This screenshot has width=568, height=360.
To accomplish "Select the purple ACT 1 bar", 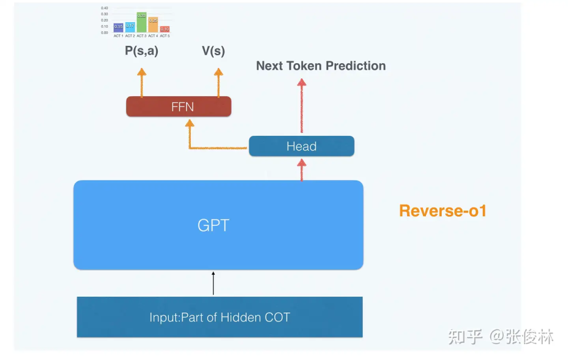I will click(x=118, y=28).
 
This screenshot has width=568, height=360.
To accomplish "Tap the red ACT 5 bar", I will click(x=165, y=29).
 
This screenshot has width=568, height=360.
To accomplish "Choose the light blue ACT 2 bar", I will click(x=130, y=27).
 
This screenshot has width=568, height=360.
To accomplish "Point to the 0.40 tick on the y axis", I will click(x=104, y=8).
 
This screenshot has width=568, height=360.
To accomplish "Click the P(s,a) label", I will click(x=141, y=52).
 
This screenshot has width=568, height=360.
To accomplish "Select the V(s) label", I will click(x=214, y=52).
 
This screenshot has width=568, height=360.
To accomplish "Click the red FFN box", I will click(x=179, y=107).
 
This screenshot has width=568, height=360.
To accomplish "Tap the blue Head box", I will click(x=301, y=146).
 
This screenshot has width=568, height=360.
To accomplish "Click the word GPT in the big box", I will click(x=214, y=225).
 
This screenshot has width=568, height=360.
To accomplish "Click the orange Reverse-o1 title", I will click(x=443, y=211).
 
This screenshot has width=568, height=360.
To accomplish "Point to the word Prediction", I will click(x=355, y=66).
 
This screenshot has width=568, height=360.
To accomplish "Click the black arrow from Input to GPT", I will click(x=214, y=283).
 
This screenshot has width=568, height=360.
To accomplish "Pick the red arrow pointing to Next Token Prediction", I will click(x=301, y=105).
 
